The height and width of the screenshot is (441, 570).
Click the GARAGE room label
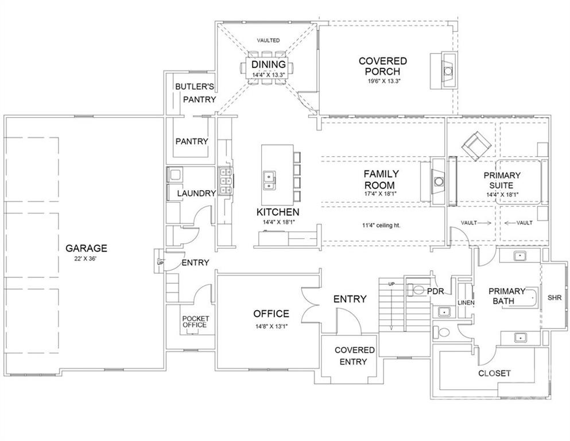click(x=86, y=248)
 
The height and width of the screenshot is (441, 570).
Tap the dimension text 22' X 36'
click(x=86, y=259)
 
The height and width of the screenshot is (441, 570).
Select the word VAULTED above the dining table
click(x=268, y=40)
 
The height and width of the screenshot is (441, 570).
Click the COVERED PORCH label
click(x=383, y=66)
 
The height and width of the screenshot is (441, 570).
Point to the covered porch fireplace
click(x=444, y=70)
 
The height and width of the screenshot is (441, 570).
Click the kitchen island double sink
click(x=269, y=181)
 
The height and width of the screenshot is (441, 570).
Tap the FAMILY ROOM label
click(x=381, y=179)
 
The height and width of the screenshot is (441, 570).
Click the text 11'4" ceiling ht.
click(x=381, y=226)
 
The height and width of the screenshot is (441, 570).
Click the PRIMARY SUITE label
click(x=502, y=180)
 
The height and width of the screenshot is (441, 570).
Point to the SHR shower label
click(x=555, y=297)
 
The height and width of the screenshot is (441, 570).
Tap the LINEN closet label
click(x=466, y=303)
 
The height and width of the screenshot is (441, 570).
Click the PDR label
click(x=436, y=291)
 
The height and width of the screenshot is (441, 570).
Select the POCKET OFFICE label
click(x=195, y=322)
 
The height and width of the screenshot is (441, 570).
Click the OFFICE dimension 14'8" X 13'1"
click(x=271, y=327)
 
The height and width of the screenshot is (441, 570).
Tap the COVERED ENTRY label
click(x=354, y=356)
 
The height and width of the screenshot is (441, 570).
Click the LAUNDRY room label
click(x=196, y=194)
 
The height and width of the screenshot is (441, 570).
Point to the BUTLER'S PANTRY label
click(x=195, y=93)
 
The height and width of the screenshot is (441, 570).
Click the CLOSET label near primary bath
click(x=494, y=373)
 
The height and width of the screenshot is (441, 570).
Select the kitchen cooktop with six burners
click(x=226, y=181)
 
